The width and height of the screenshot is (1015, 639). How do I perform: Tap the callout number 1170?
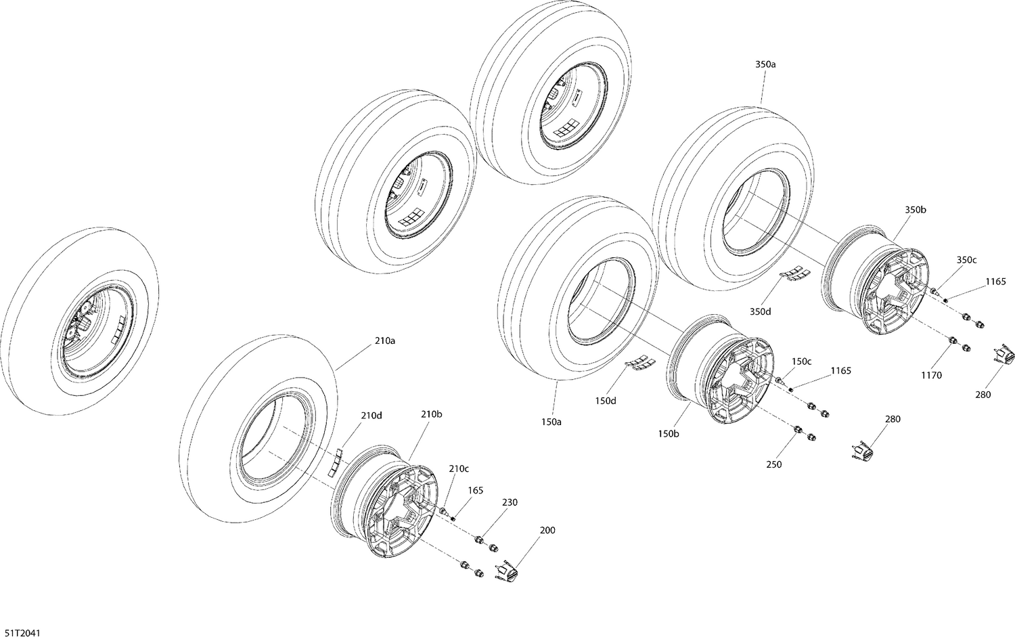tap(930, 375)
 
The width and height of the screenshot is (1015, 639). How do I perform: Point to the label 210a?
tap(384, 341)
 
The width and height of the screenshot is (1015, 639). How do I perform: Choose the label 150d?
tap(606, 401)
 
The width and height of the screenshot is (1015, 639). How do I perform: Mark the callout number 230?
tap(510, 502)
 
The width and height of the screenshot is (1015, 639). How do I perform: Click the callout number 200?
tap(547, 530)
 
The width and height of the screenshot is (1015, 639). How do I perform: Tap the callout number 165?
tap(476, 491)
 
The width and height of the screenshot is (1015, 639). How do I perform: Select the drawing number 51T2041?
tap(22, 632)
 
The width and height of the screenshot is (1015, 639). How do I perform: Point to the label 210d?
tap(371, 415)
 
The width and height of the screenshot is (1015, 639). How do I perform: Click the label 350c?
tap(966, 260)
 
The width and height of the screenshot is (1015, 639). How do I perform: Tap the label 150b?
tap(668, 434)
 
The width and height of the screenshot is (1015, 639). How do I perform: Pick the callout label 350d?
tap(760, 311)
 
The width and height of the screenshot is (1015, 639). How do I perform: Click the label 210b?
tap(431, 414)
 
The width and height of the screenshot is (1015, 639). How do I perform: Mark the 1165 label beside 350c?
tap(995, 281)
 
